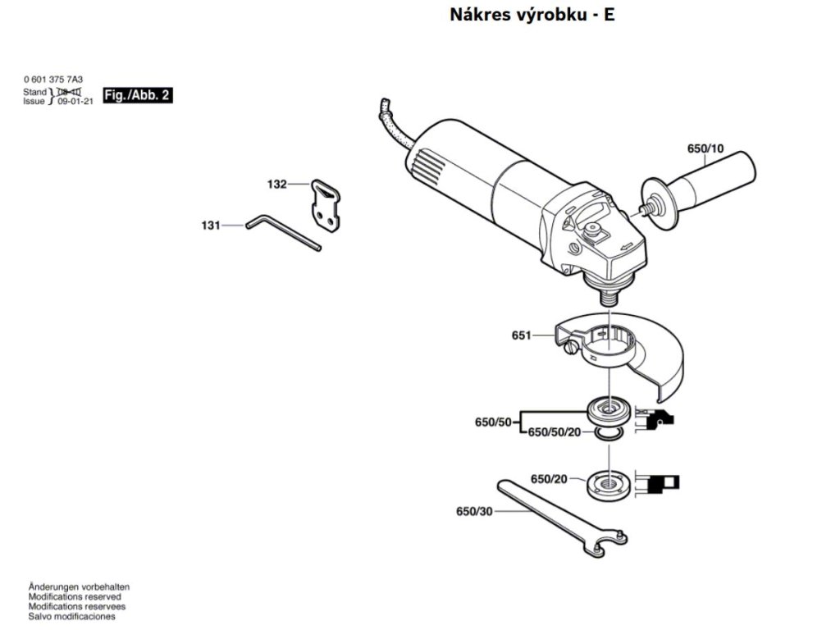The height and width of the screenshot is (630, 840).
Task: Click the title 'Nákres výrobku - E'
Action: tap(532, 16)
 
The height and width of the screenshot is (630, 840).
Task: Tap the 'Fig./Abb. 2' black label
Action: tap(138, 96)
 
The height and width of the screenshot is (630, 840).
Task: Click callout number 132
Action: tap(276, 185)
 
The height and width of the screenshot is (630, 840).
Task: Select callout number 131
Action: tap(211, 224)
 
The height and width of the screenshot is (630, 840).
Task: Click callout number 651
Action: tap(521, 335)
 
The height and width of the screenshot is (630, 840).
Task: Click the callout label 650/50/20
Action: tap(554, 432)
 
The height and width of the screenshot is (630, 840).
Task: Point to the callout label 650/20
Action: tap(549, 478)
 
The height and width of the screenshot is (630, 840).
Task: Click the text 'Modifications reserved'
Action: tap(75, 597)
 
